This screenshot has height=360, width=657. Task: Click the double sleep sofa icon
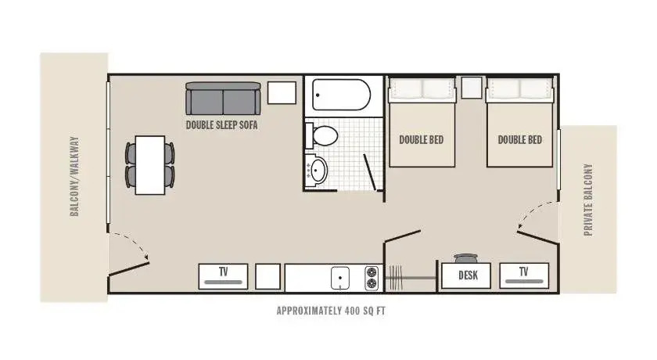223,99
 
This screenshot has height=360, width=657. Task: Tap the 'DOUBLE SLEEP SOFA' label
221,125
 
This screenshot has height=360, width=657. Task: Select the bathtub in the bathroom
342,95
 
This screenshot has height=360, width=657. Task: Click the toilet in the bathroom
321,135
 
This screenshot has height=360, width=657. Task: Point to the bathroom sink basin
317,170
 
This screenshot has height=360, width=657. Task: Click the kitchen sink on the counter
340,278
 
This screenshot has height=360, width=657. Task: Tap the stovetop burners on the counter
372,278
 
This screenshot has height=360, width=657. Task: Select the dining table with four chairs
150,165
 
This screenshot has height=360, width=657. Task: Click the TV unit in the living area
223,276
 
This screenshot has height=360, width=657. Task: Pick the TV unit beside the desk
524,275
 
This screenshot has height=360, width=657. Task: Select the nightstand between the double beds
472,88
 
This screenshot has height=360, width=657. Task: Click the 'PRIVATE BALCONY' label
588,200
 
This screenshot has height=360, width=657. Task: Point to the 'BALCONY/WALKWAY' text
74,176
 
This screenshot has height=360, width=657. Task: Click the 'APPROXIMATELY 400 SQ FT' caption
331,311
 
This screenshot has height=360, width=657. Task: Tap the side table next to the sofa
282,92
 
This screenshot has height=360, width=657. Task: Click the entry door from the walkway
128,269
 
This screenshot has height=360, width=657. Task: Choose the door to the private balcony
538,237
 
